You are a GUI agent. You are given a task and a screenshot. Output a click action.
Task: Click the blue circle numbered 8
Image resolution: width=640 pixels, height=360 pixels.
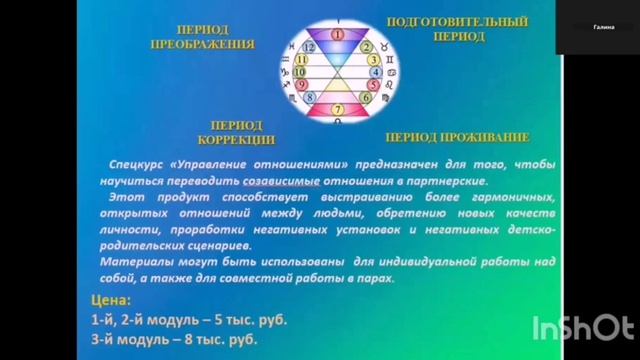pos(310,98)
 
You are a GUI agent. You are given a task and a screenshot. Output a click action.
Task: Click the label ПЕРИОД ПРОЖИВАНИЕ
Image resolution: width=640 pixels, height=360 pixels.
pos(455,137)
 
